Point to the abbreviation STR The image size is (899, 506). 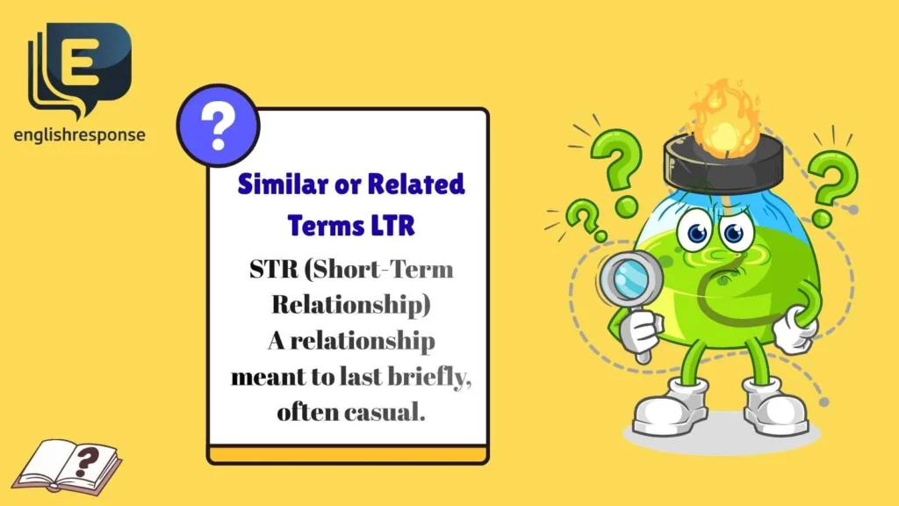pyautogui.click(x=270, y=269)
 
